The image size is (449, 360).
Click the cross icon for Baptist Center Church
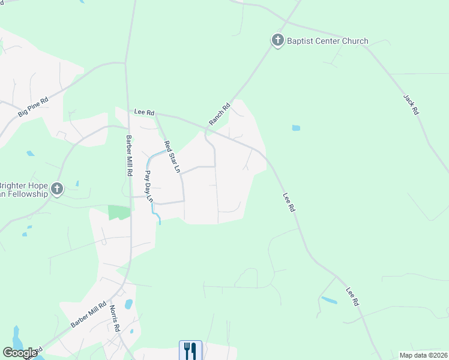(x=277, y=40)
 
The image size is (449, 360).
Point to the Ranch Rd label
(x=220, y=115)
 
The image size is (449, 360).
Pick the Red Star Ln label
(x=172, y=157)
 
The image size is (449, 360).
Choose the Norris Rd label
(x=115, y=319)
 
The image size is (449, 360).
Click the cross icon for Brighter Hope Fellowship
(x=57, y=190)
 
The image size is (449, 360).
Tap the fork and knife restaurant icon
(x=190, y=350)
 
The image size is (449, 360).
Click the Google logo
(x=20, y=353)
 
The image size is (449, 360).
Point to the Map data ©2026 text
(x=423, y=355)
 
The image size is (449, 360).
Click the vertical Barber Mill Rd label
(x=129, y=155)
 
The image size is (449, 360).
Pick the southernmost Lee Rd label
(x=352, y=298)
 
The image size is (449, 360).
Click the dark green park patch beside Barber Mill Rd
(x=119, y=212)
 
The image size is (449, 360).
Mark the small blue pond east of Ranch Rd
(x=295, y=128)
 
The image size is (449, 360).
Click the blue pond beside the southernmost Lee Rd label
(x=329, y=299)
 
